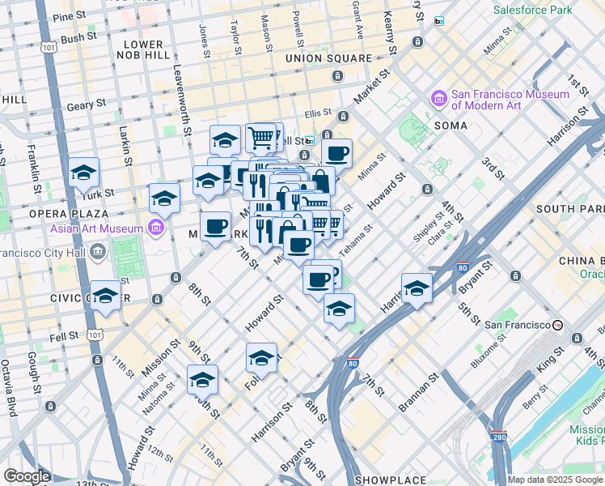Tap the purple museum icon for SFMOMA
click(x=440, y=99)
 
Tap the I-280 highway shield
click(x=499, y=437)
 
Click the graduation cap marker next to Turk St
click(x=83, y=173)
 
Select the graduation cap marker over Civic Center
click(x=106, y=296)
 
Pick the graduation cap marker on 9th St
click(x=202, y=380)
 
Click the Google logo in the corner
click(x=27, y=476)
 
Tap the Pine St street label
click(x=71, y=15)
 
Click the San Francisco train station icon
click(x=558, y=325)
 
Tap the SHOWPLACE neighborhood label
click(x=392, y=480)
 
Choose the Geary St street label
click(x=87, y=104)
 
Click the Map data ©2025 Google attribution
click(x=556, y=480)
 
